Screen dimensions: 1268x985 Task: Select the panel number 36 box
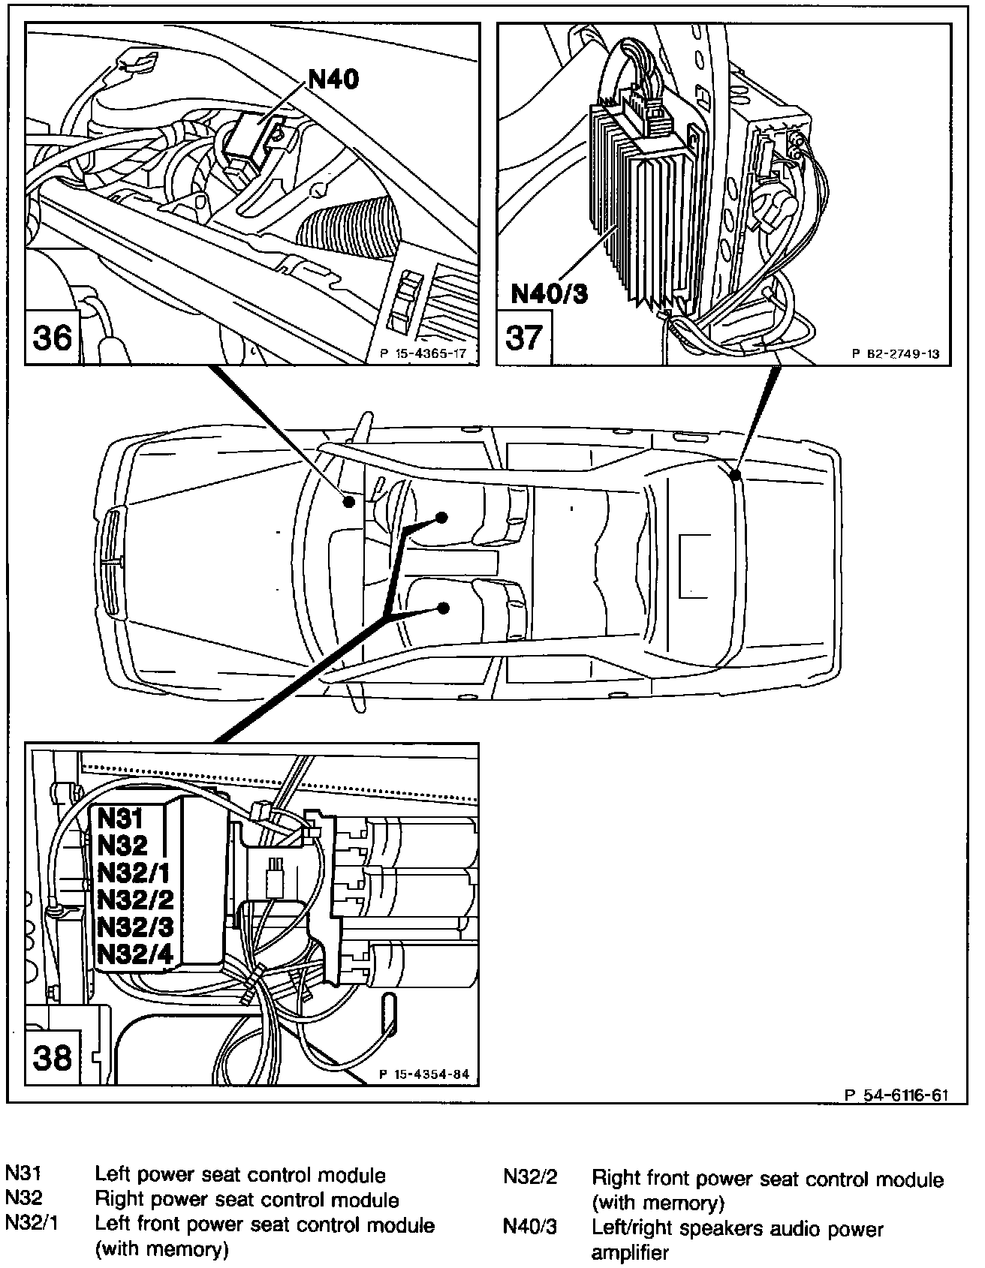53,337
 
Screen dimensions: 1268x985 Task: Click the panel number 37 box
523,337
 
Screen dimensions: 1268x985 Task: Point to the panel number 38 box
53,1058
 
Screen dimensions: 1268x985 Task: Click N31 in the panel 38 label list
120,818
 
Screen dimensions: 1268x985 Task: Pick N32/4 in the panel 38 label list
136,954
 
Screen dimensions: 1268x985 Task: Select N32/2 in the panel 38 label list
136,899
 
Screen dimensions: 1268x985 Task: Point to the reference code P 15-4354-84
423,1074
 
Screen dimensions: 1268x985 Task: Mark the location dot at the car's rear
736,474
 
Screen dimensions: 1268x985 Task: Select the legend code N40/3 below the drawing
529,1228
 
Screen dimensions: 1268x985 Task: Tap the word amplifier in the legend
630,1252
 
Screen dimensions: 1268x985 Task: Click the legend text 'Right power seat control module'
247,1199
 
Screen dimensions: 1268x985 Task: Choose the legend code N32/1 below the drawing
32,1224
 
